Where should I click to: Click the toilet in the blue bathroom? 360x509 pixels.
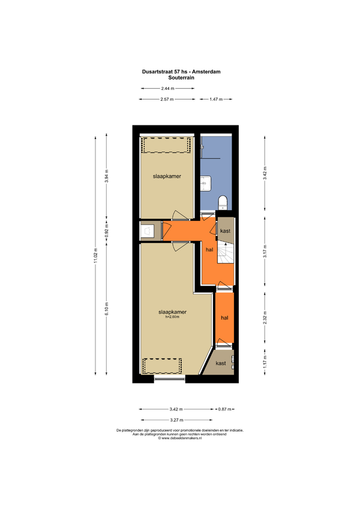pyautogui.click(x=223, y=202)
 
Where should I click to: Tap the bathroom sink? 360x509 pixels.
pyautogui.click(x=205, y=184)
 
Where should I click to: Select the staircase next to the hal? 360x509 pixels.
pyautogui.click(x=225, y=253)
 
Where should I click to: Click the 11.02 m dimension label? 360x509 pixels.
pyautogui.click(x=95, y=256)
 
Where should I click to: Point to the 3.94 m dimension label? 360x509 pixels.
pyautogui.click(x=106, y=176)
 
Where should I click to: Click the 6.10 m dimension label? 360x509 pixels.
pyautogui.click(x=106, y=309)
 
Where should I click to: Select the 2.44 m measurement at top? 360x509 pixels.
pyautogui.click(x=167, y=88)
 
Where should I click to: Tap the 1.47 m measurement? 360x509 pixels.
pyautogui.click(x=216, y=99)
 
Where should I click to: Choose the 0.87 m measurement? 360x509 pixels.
pyautogui.click(x=224, y=409)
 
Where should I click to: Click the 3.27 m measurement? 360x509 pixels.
pyautogui.click(x=176, y=420)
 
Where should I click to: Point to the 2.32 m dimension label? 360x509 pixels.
pyautogui.click(x=265, y=318)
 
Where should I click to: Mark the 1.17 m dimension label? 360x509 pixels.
pyautogui.click(x=265, y=362)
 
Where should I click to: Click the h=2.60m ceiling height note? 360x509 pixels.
pyautogui.click(x=172, y=317)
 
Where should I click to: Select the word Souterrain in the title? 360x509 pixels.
pyautogui.click(x=181, y=78)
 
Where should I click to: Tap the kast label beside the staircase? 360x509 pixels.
pyautogui.click(x=225, y=231)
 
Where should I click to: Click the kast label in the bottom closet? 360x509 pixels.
pyautogui.click(x=221, y=363)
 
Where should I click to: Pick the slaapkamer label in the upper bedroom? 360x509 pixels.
pyautogui.click(x=167, y=176)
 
